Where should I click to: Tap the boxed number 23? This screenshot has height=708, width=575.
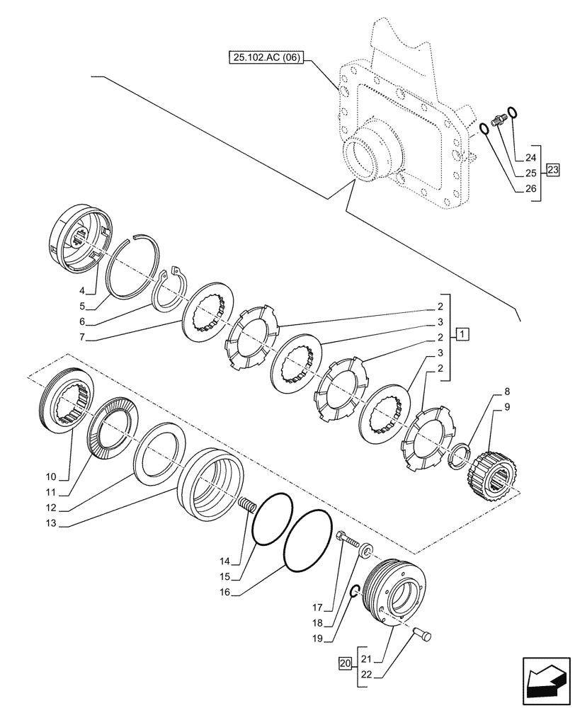tap(552, 169)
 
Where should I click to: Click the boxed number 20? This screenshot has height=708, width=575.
tap(345, 663)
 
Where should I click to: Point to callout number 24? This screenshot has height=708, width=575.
tap(532, 158)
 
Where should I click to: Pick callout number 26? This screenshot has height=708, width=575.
tap(532, 189)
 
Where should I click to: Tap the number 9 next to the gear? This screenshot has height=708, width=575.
tap(507, 406)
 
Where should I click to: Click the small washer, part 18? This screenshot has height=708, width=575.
tap(366, 550)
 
